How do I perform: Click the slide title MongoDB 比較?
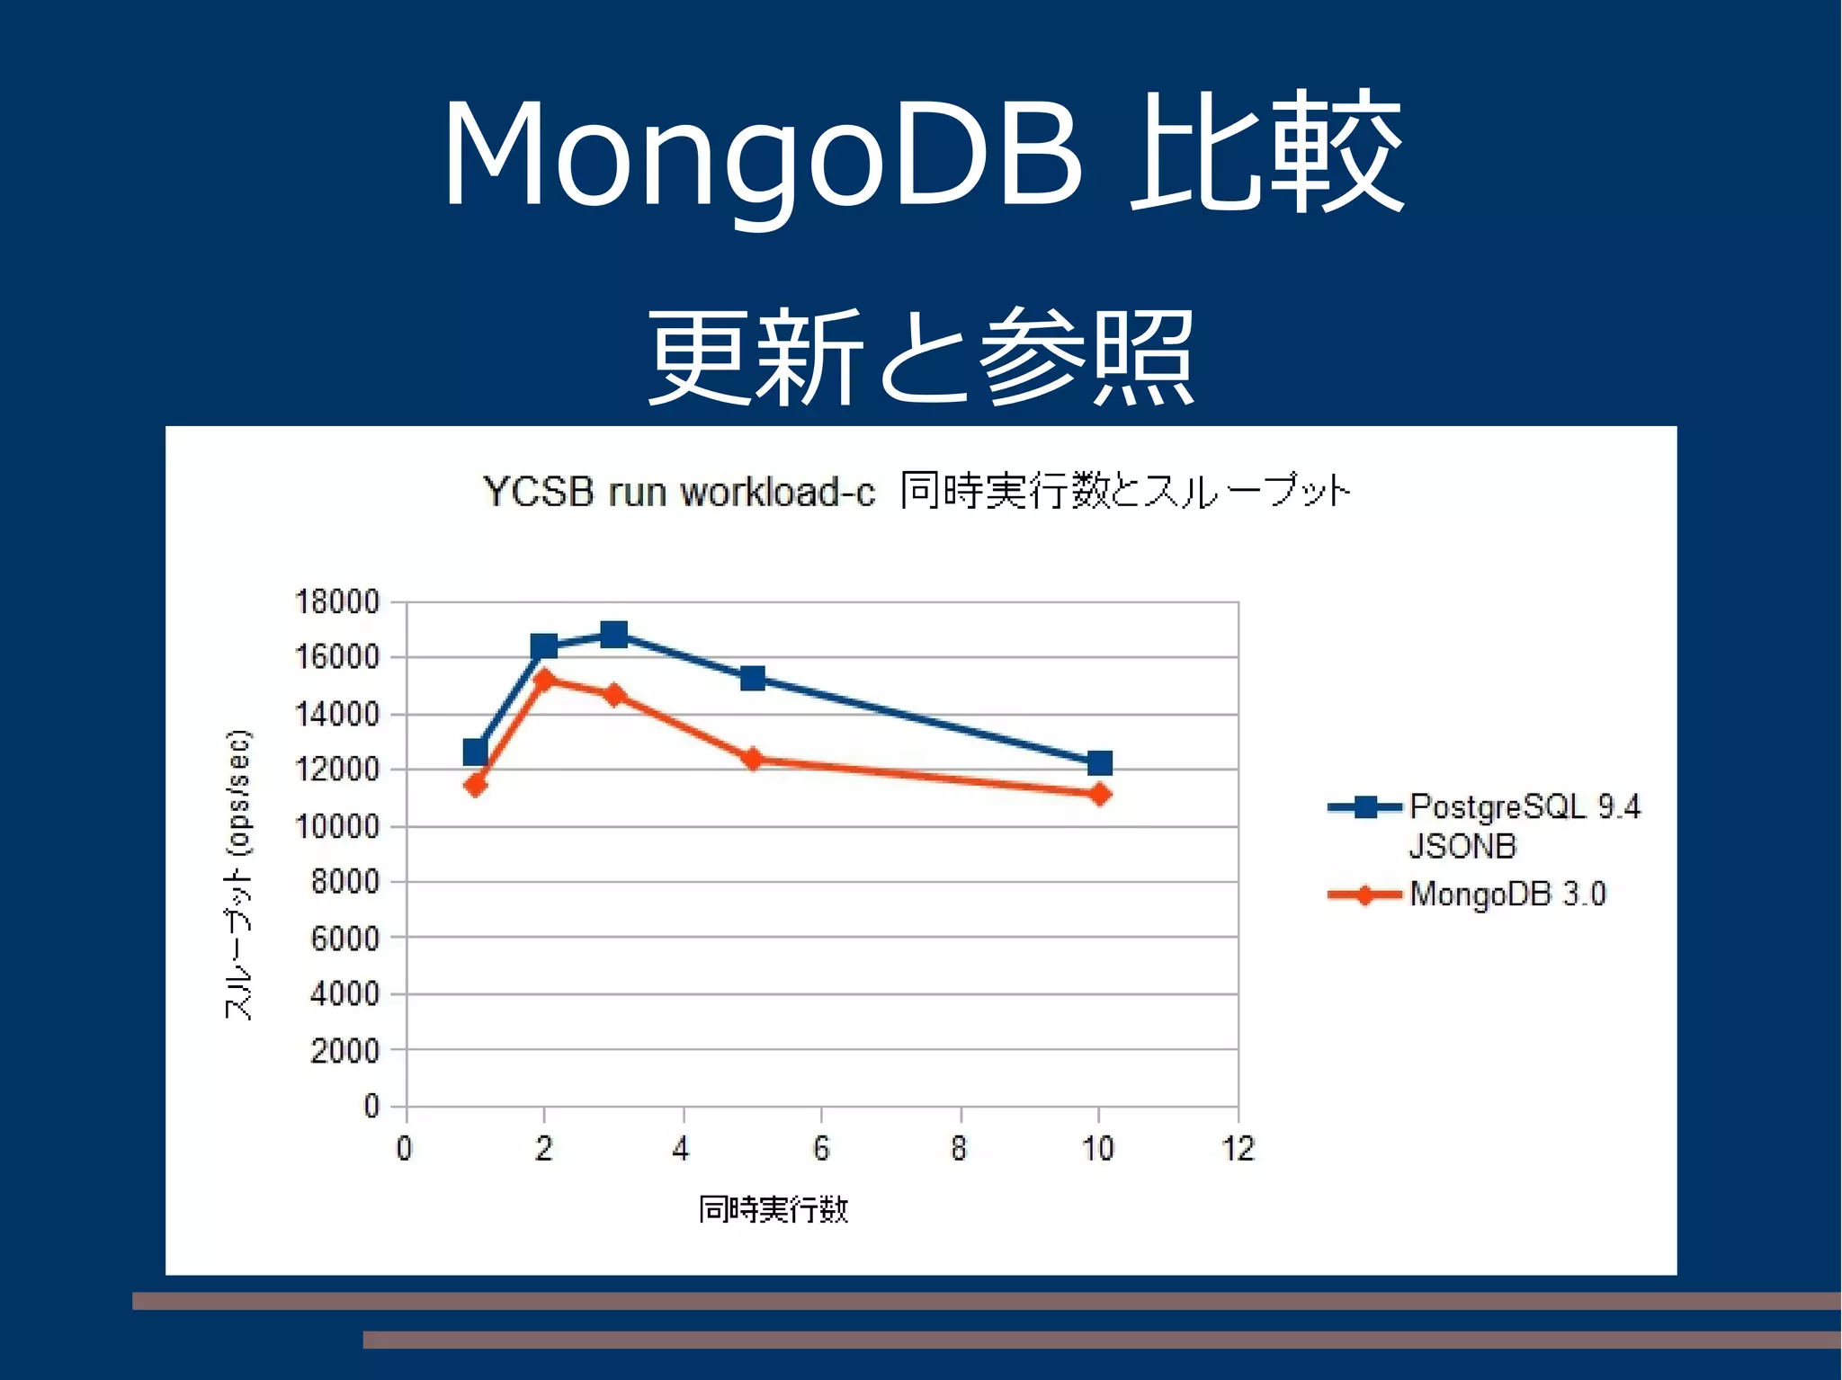[x=921, y=153]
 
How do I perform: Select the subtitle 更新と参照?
[x=921, y=356]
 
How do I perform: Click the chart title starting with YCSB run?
[x=916, y=492]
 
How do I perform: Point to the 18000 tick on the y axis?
[x=337, y=601]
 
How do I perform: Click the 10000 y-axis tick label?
[x=337, y=825]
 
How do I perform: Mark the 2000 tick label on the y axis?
[x=344, y=1050]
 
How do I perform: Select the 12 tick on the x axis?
[x=1238, y=1148]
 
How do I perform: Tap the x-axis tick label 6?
[x=821, y=1148]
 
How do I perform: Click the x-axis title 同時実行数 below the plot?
[x=773, y=1209]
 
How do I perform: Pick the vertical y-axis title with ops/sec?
[x=238, y=874]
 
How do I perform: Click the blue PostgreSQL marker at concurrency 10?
[x=1099, y=763]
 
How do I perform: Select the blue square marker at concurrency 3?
[x=613, y=634]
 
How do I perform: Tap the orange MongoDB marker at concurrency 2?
[x=544, y=678]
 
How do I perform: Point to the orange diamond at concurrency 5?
[x=753, y=759]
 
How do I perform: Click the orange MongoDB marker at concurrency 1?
[x=476, y=785]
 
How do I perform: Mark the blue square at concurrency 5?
[x=753, y=678]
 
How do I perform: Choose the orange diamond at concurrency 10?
[x=1099, y=794]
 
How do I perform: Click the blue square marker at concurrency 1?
[x=476, y=752]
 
